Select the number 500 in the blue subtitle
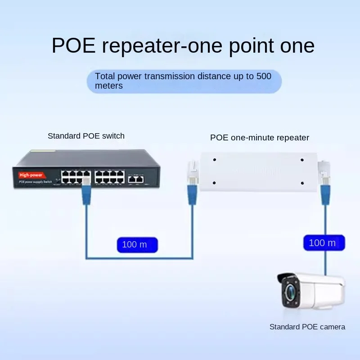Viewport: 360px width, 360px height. (x=264, y=76)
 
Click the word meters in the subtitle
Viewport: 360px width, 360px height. (x=109, y=85)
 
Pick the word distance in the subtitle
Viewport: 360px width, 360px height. (x=218, y=76)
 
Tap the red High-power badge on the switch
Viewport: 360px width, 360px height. (x=30, y=174)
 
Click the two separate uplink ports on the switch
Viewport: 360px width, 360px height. (x=136, y=179)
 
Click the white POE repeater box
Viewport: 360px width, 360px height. (x=258, y=171)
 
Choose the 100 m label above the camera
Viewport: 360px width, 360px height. (x=323, y=243)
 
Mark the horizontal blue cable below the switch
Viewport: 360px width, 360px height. (x=139, y=258)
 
